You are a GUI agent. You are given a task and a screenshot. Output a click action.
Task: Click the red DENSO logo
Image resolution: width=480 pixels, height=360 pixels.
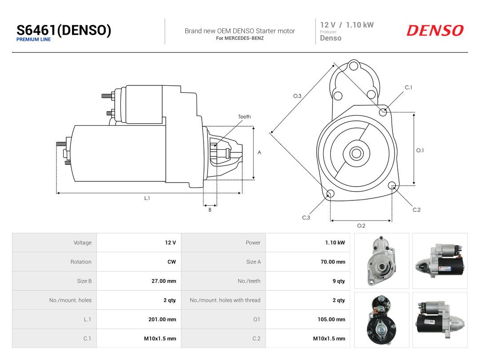click(435, 30)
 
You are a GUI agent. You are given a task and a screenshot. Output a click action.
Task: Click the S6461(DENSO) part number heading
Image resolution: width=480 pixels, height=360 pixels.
click(64, 30)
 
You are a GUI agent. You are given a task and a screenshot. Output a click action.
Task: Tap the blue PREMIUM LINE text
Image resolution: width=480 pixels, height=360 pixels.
click(34, 40)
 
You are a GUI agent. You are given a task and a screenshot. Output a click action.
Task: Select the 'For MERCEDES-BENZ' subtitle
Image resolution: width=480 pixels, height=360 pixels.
click(240, 38)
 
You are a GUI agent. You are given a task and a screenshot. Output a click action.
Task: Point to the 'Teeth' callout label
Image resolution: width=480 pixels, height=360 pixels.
click(244, 116)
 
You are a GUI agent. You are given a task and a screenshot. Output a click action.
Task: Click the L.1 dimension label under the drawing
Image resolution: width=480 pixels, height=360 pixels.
click(147, 198)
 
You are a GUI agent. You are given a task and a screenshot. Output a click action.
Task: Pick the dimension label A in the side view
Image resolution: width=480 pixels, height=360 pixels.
click(259, 152)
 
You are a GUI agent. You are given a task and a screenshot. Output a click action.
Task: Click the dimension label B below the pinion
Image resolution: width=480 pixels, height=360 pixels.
click(210, 210)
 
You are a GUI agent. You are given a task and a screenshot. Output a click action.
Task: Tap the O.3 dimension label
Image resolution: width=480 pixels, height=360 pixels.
click(297, 96)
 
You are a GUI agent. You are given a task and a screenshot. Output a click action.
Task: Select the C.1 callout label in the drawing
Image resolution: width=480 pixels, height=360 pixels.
click(408, 88)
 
